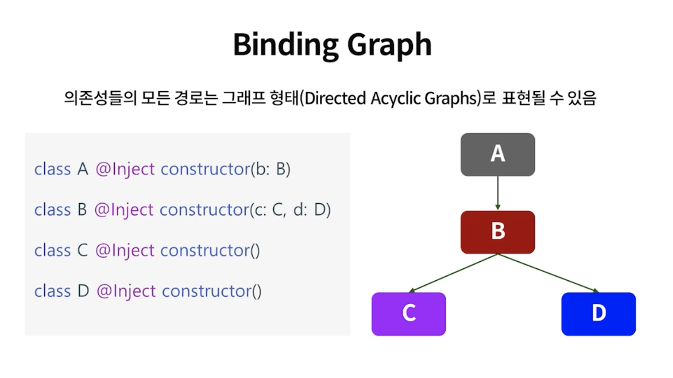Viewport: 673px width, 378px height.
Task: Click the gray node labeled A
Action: pyautogui.click(x=497, y=154)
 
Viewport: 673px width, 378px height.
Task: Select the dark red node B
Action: pyautogui.click(x=497, y=232)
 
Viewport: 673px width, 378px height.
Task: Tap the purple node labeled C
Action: pyautogui.click(x=408, y=313)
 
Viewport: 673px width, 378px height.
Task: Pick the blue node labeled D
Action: pyautogui.click(x=598, y=313)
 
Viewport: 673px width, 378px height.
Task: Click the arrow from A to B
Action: pyautogui.click(x=497, y=193)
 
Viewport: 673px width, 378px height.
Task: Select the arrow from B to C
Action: pyautogui.click(x=454, y=273)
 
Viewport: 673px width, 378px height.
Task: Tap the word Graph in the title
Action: pyautogui.click(x=389, y=45)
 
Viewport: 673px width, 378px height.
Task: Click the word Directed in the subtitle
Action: pyautogui.click(x=335, y=98)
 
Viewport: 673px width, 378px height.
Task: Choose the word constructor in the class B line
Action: pyautogui.click(x=204, y=210)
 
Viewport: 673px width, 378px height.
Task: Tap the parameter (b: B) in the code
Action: pyautogui.click(x=271, y=169)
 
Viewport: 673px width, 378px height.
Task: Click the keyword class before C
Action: pyautogui.click(x=53, y=250)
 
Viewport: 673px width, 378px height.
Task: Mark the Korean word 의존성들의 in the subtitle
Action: pyautogui.click(x=100, y=98)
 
